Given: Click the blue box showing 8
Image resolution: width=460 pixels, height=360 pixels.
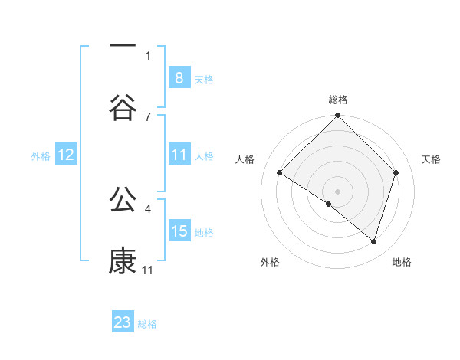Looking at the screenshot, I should click(179, 77).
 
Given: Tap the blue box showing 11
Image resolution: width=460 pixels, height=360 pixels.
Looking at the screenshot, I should click(179, 155).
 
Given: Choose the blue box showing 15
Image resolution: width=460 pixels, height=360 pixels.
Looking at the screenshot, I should click(179, 231).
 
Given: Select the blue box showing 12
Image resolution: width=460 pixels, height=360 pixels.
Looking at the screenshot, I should click(66, 155).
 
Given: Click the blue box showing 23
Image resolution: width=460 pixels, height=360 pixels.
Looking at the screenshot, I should click(123, 322).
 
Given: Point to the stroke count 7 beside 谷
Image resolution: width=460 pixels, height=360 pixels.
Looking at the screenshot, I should click(148, 116).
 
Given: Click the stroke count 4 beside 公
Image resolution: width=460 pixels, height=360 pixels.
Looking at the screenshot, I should click(148, 208).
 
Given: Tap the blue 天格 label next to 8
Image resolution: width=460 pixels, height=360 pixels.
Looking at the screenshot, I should click(204, 79).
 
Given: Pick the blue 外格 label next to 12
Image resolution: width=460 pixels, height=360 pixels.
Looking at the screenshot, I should click(41, 155).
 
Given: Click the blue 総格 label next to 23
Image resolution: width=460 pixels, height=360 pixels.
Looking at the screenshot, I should click(147, 324).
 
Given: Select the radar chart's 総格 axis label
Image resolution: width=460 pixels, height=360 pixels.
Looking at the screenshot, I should click(338, 100).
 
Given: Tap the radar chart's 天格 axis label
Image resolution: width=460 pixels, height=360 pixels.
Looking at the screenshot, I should click(432, 159).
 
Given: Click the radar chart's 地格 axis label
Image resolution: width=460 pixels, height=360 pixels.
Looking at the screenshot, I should click(402, 262).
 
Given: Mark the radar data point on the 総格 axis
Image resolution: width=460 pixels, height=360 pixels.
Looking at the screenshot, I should click(338, 117).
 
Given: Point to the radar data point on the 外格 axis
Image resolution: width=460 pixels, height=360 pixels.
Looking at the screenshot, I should click(329, 205).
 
